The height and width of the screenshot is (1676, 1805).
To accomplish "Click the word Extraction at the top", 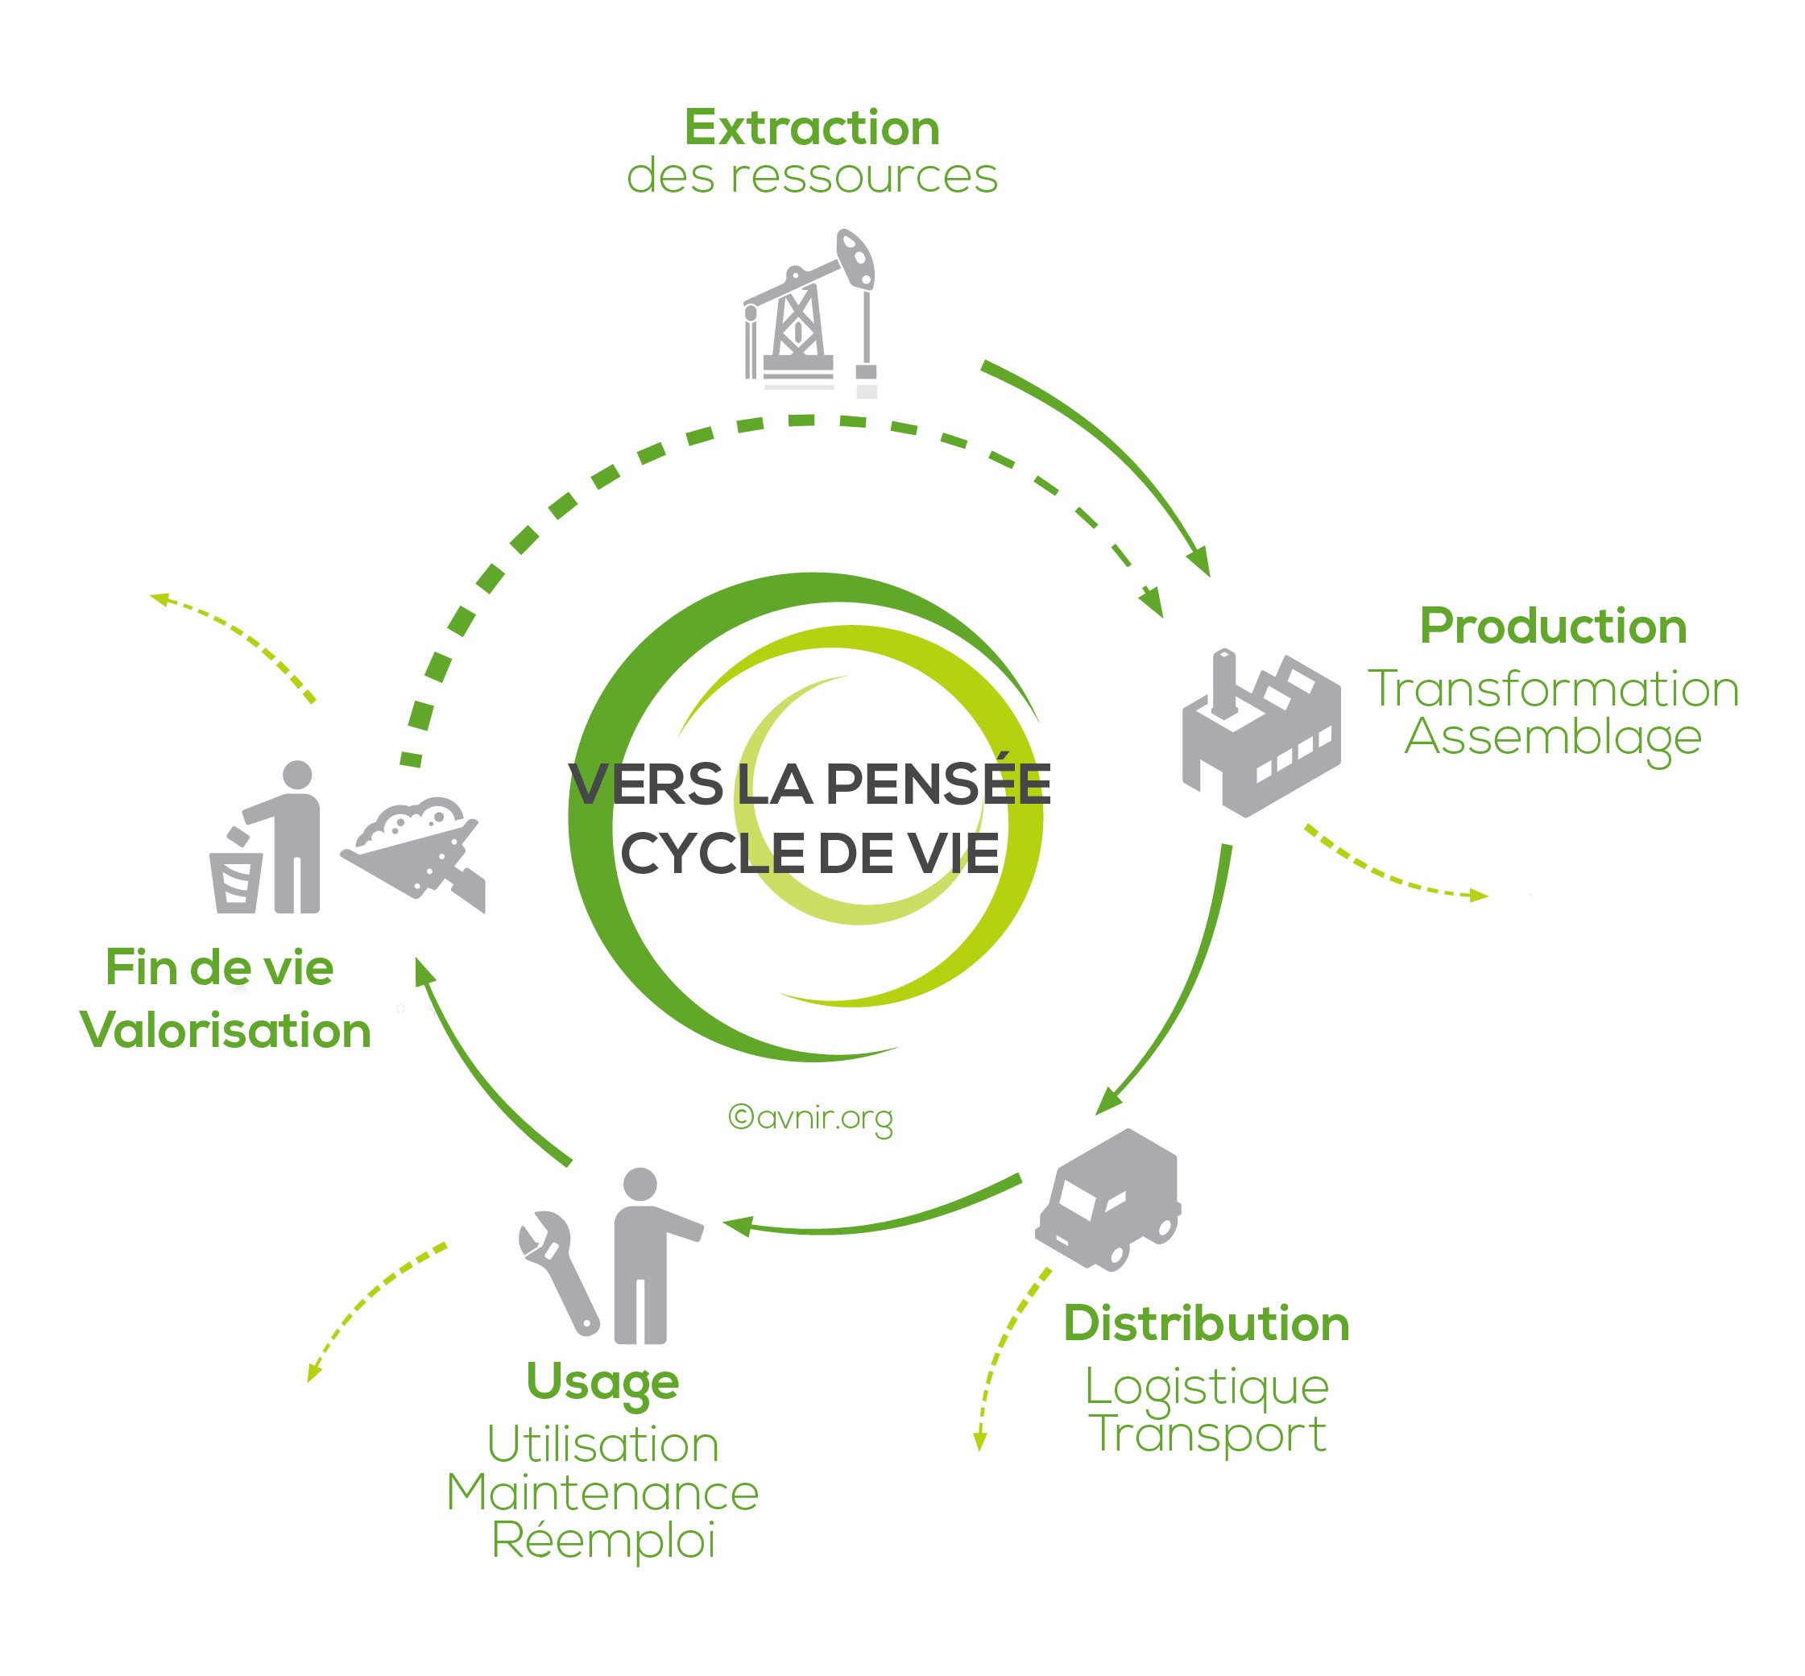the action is coord(812,127).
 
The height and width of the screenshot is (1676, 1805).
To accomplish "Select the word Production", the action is coord(1553,626).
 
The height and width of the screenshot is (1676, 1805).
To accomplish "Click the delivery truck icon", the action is coord(1108,1200).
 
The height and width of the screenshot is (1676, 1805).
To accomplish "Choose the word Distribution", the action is coord(1207,1323).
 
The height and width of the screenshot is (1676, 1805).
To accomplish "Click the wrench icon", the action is coord(558,1273).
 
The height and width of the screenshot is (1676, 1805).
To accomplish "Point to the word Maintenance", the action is coord(602,1493).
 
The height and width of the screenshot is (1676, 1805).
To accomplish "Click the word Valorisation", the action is coord(226,1030).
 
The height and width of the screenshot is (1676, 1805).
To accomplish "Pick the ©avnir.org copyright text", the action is coord(810,1118).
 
